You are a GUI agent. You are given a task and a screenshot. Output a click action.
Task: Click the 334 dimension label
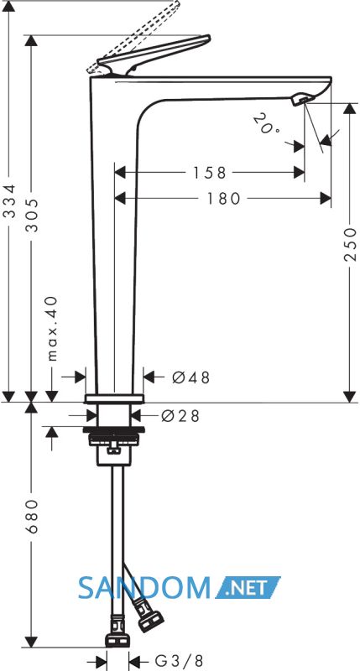click(x=10, y=201)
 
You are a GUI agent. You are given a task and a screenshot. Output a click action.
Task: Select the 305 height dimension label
click(x=32, y=216)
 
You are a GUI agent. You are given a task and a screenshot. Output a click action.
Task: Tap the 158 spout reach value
click(x=209, y=173)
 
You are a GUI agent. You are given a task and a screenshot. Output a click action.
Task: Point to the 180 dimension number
click(x=224, y=199)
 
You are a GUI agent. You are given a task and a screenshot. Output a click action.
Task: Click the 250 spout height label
click(x=350, y=244)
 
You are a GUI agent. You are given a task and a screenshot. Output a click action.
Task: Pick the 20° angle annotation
click(x=265, y=123)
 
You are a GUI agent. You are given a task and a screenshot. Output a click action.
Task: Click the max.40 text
click(x=52, y=328)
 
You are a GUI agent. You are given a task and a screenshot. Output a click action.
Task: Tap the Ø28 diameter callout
click(x=180, y=416)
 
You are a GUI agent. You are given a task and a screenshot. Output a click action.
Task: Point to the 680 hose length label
click(x=32, y=516)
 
